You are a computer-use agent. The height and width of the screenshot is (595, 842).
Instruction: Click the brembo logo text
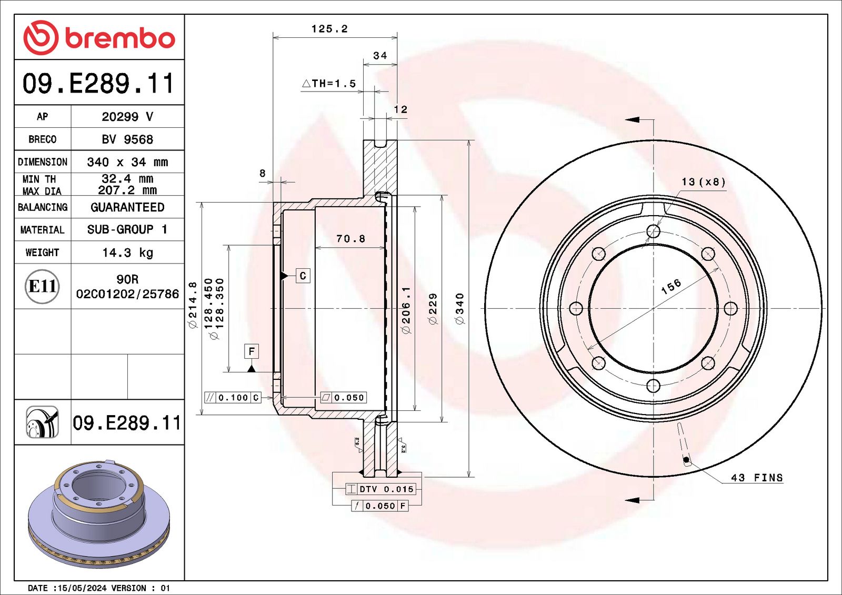119,38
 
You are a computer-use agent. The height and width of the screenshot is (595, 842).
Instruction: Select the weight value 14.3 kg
127,253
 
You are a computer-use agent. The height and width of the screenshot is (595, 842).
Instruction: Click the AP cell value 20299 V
127,117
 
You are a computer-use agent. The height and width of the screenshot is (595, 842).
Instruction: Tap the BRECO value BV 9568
127,139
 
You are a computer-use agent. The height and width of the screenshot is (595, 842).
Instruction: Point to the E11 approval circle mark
42,286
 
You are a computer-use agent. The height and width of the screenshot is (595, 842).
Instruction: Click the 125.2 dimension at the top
329,29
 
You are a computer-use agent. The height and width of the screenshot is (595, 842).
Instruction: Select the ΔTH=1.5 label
329,84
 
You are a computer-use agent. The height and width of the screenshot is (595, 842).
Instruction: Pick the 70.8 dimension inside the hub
350,239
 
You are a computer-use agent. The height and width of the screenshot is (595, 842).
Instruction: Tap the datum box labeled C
303,276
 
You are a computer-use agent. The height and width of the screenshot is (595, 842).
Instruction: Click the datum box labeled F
252,351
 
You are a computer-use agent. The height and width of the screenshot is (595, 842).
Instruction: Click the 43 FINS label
756,478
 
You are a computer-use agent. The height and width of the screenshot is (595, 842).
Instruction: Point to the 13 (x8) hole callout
703,182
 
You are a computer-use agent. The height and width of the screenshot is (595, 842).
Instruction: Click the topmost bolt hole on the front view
653,231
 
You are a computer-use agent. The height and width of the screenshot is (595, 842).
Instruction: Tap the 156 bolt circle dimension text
671,287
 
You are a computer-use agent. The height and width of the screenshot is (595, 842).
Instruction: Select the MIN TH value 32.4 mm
127,179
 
